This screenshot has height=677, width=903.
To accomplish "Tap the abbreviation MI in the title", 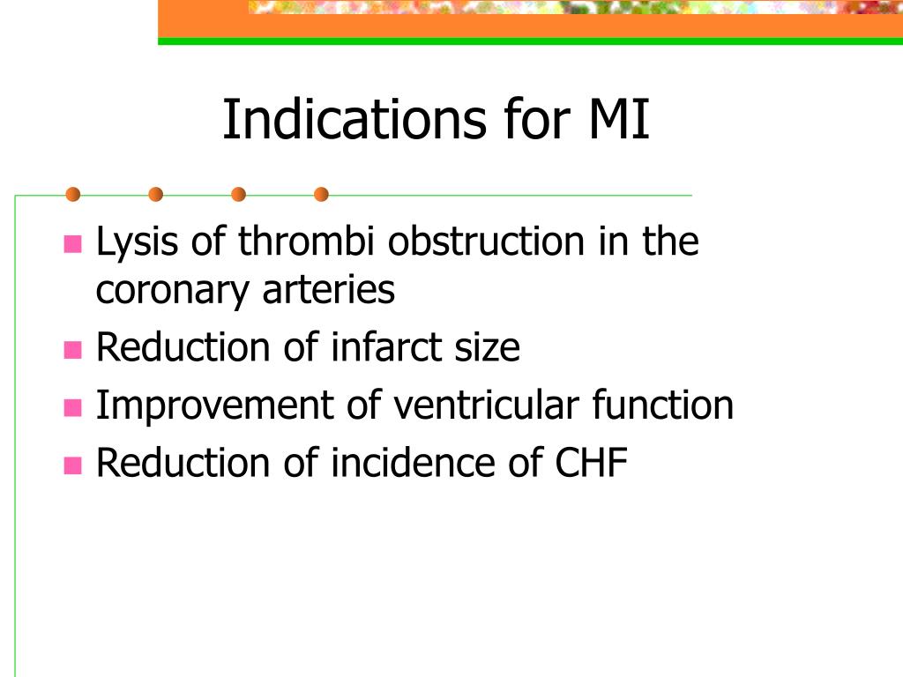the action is click(619, 119).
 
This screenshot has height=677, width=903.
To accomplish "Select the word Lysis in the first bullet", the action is click(137, 242).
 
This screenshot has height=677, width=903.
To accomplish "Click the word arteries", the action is click(329, 289).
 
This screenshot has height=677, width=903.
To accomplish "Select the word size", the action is click(487, 348).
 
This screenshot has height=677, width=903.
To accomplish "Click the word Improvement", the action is click(214, 405).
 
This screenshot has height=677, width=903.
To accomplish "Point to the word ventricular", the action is click(486, 405).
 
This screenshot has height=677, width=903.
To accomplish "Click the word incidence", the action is click(413, 462).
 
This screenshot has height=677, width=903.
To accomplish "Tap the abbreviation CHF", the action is click(591, 462).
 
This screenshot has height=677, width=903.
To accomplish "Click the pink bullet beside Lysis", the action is click(72, 243).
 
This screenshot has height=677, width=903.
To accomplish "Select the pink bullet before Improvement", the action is click(72, 407).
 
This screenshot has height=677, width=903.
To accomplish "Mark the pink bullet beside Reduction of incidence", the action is click(72, 465).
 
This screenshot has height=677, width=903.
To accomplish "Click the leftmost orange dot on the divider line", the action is click(72, 195).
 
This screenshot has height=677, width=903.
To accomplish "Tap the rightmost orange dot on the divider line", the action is click(321, 195).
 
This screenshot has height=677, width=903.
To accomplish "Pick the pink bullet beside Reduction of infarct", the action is click(72, 349).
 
